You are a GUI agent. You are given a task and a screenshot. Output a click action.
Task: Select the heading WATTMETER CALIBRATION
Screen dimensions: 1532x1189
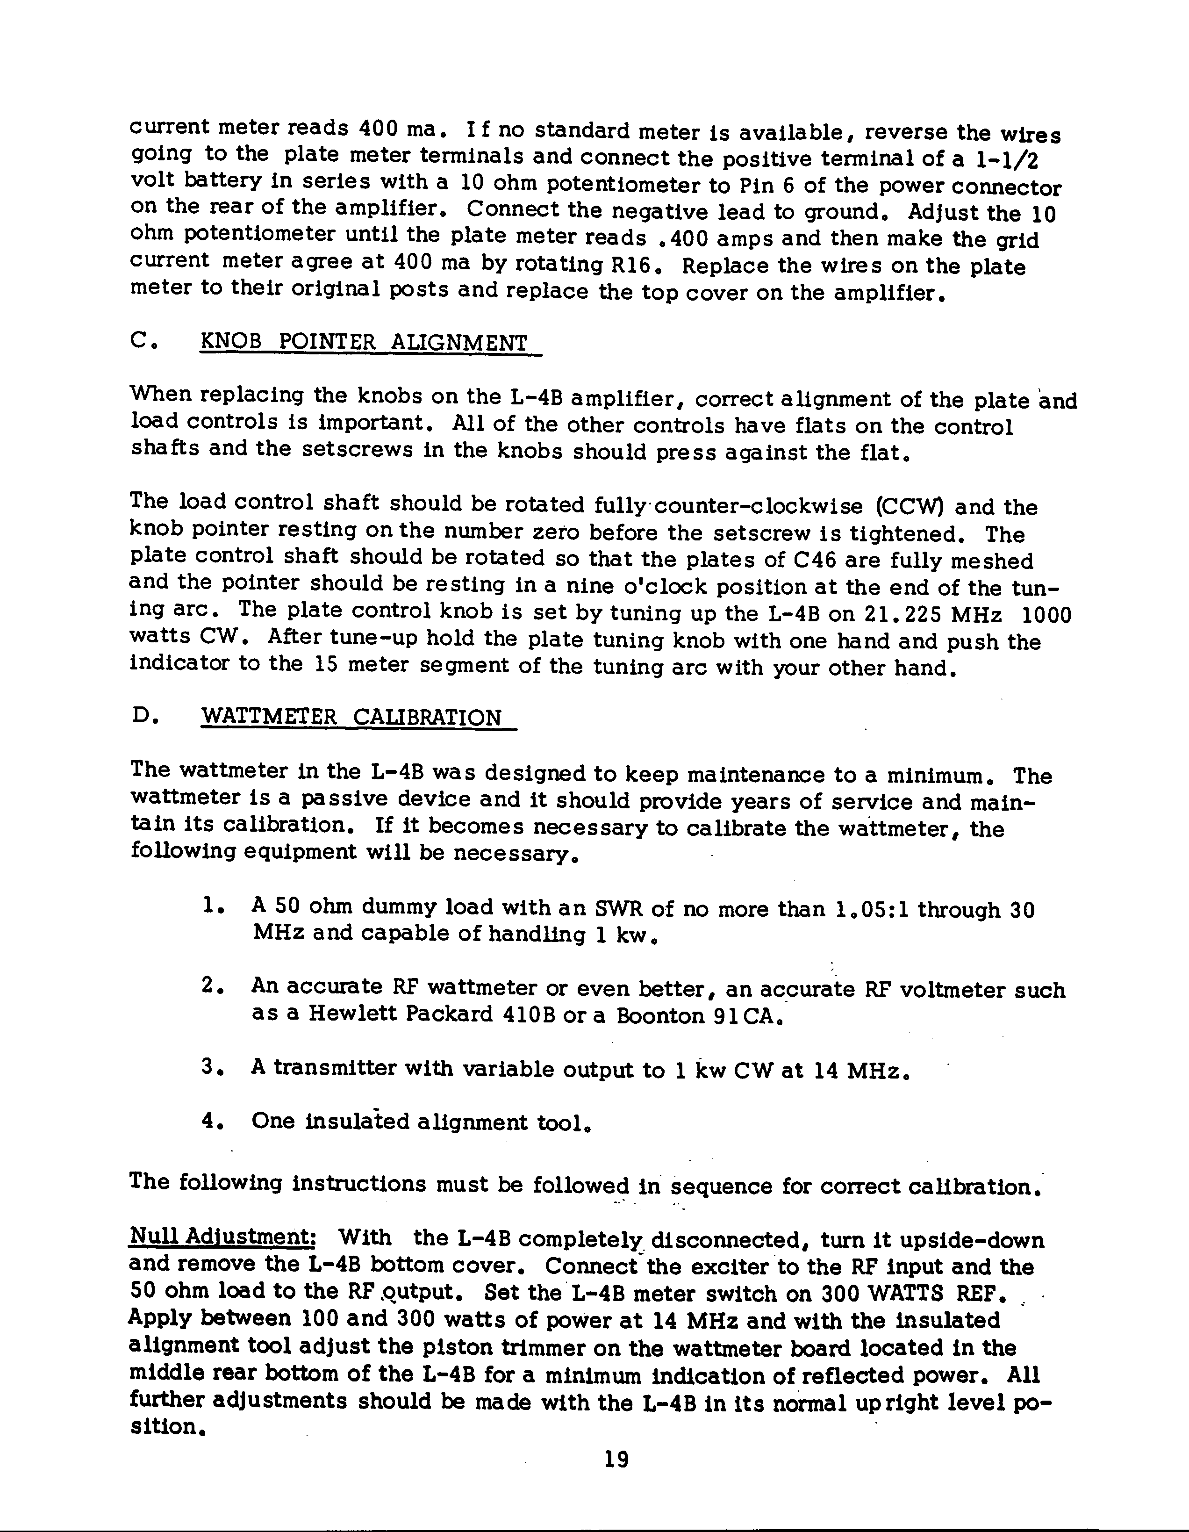click(x=351, y=718)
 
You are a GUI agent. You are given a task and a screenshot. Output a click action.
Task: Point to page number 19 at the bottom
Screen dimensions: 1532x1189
click(x=616, y=1459)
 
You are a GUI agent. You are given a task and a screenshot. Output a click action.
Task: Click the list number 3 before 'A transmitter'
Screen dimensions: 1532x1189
click(x=209, y=1067)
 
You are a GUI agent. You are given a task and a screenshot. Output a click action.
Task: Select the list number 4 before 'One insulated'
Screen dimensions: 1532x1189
click(x=209, y=1120)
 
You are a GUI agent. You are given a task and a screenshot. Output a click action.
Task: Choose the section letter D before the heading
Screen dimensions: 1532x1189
click(x=140, y=716)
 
